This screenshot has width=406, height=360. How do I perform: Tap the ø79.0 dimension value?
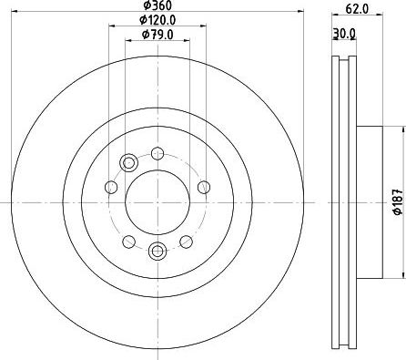point(156,36)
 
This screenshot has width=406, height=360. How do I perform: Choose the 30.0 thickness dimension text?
point(343,36)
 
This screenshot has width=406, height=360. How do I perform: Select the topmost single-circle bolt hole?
point(157,153)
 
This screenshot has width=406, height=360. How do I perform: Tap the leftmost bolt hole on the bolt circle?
point(111,188)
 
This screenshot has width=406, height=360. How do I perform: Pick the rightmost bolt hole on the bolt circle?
point(201,187)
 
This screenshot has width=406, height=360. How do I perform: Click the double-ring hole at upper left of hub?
point(128,163)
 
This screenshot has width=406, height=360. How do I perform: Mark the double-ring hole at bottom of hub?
point(156,250)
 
